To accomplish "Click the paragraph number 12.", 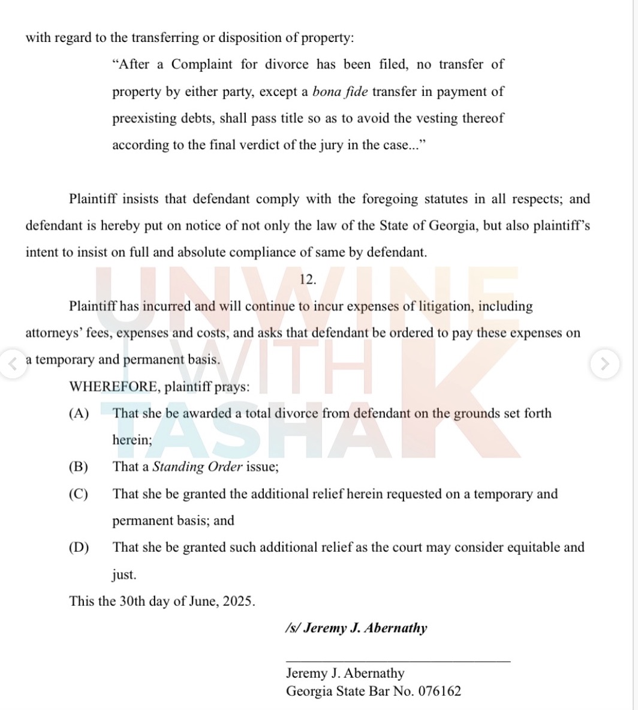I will [306, 279].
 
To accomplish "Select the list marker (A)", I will [79, 414].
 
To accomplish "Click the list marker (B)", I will [79, 467].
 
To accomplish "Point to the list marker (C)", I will [79, 494].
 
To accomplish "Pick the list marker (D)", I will [79, 547].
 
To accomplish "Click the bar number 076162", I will [440, 691].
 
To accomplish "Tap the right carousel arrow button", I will [604, 363].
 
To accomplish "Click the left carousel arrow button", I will [12, 363].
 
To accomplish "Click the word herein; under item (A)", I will [132, 440].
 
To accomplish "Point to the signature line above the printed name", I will [398, 661].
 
